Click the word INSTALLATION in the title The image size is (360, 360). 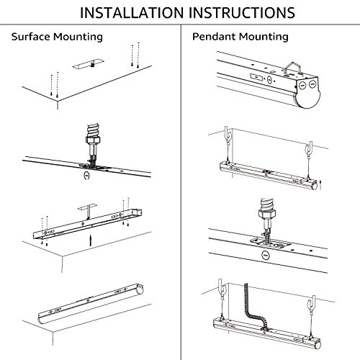coord(132,13)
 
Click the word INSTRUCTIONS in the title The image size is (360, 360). coord(242,13)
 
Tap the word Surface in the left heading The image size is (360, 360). coord(30,37)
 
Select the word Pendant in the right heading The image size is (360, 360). coord(213,37)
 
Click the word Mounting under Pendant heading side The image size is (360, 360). coord(264,37)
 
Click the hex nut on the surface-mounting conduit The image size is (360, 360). coord(93,139)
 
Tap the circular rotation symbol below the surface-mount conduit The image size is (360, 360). coord(86,176)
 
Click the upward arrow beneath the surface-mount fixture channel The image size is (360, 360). coord(91,240)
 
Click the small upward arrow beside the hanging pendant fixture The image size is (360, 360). coord(320,184)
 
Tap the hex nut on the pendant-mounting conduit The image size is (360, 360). coord(267,212)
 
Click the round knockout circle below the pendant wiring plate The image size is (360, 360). coord(266,256)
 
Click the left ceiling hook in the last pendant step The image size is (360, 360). coord(222,289)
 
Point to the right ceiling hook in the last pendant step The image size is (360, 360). coord(312,303)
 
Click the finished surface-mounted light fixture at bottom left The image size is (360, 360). coord(91,303)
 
